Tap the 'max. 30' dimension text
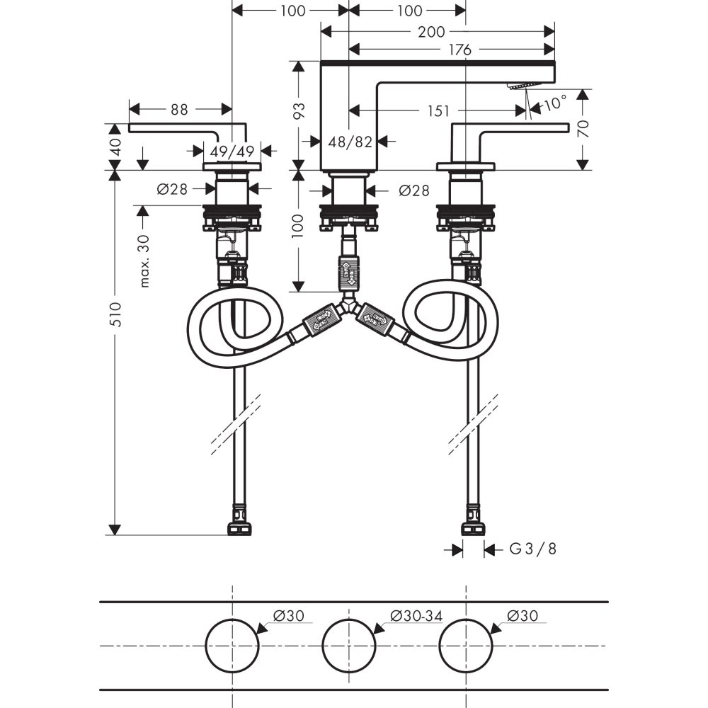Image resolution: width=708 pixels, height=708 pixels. click(145, 261)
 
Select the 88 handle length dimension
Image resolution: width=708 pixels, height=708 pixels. click(180, 110)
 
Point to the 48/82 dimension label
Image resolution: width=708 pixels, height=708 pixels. click(350, 142)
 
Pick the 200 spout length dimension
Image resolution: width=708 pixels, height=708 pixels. click(431, 31)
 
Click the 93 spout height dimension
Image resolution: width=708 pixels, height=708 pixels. click(299, 110)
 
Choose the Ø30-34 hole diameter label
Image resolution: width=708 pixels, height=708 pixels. click(416, 616)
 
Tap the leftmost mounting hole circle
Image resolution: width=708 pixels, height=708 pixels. click(232, 645)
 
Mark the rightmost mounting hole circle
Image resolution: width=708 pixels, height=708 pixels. click(465, 645)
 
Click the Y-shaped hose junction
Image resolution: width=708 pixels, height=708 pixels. click(348, 309)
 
